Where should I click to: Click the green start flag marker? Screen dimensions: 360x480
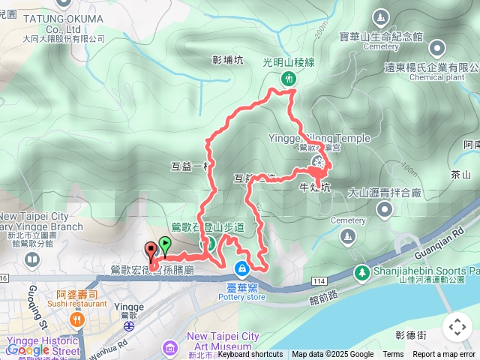click(164, 244)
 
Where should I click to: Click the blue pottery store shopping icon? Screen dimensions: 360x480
click(242, 268)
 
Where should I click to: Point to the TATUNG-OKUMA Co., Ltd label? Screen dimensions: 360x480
click(53, 15)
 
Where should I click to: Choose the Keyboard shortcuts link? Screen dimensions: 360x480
click(250, 355)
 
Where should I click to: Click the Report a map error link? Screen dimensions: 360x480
click(445, 355)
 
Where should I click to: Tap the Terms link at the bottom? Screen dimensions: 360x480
click(393, 355)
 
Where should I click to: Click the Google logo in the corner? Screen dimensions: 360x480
click(27, 350)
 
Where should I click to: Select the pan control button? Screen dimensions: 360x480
click(457, 327)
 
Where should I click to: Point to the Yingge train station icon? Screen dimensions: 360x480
click(129, 326)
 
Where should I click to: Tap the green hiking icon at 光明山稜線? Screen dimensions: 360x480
click(289, 79)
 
